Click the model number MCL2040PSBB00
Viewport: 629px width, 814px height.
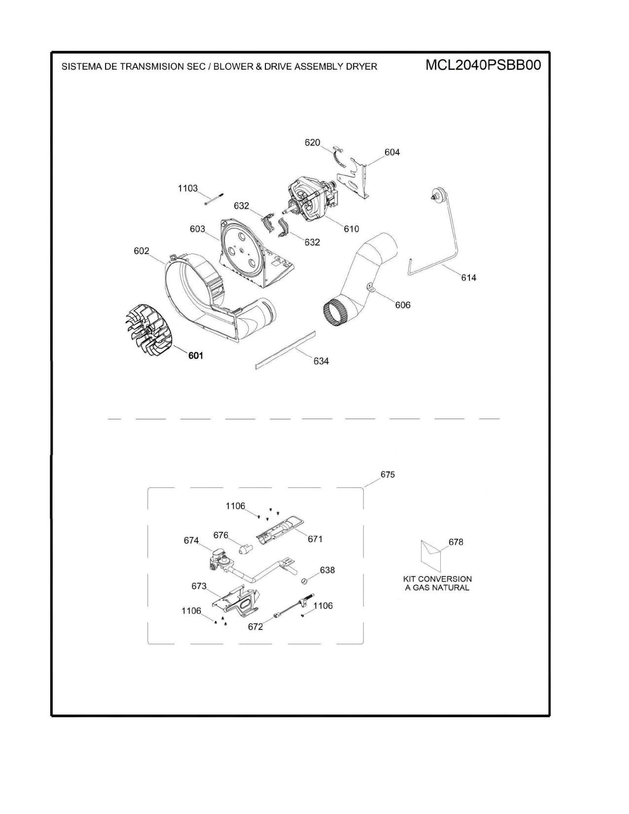[483, 66]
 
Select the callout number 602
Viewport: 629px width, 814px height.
[141, 251]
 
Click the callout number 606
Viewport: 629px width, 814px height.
[403, 305]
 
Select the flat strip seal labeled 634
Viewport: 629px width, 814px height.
[285, 350]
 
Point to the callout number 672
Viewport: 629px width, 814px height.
[255, 627]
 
